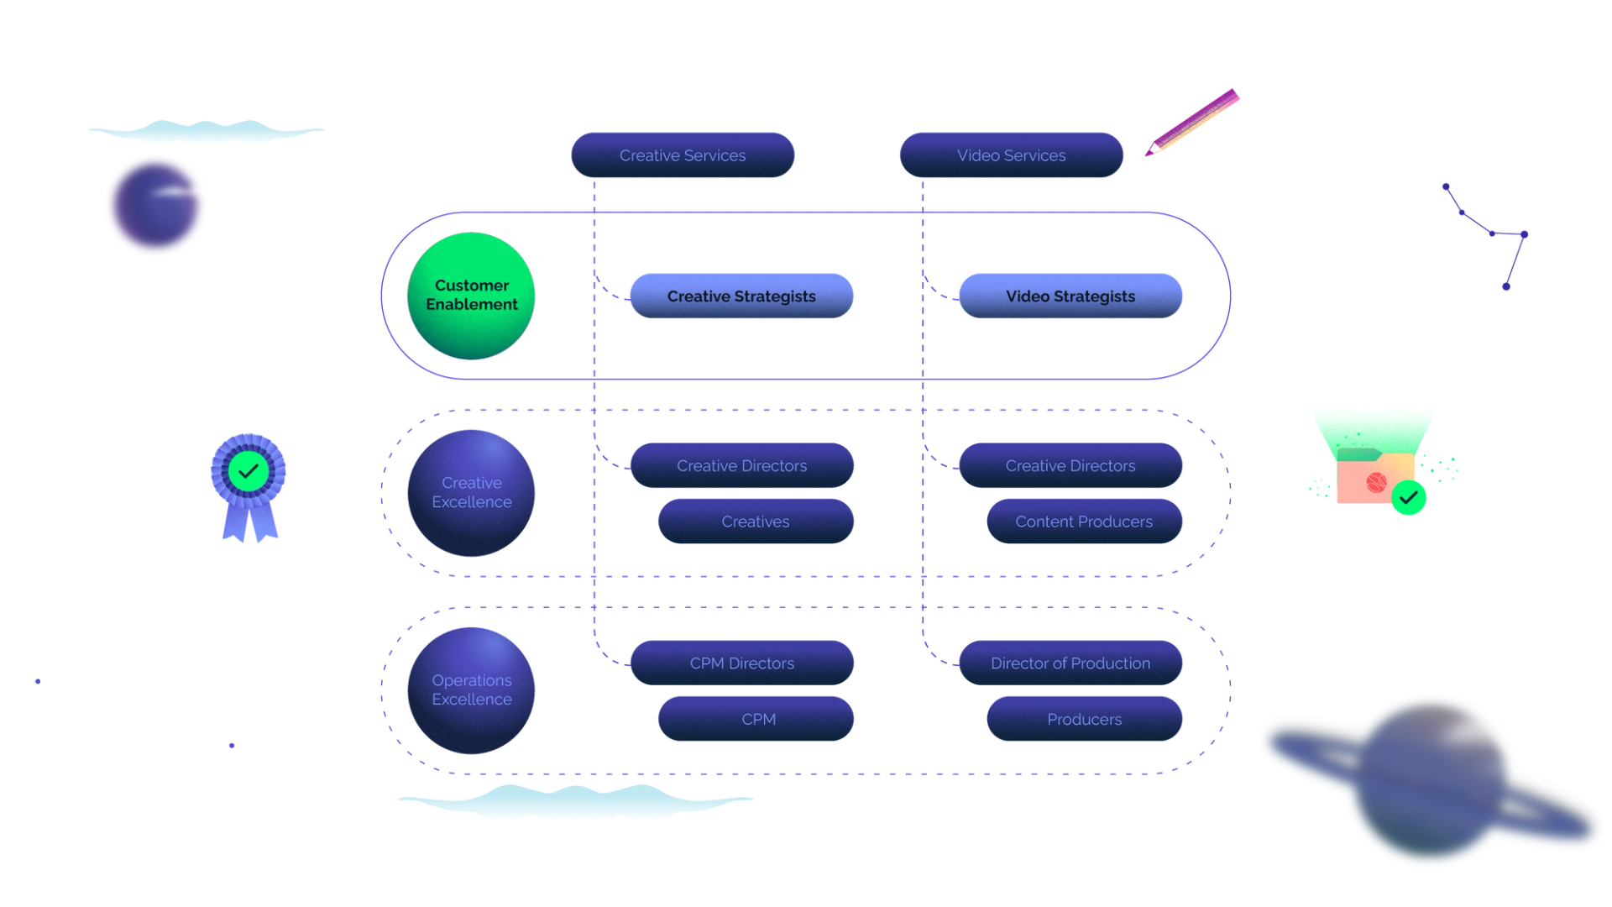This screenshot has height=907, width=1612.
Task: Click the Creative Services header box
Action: (683, 155)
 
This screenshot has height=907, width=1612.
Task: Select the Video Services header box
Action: (1011, 155)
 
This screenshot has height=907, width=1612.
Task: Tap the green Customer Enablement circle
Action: (471, 296)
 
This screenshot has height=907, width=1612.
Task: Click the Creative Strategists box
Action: (741, 296)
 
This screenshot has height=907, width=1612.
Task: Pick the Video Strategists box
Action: (1070, 296)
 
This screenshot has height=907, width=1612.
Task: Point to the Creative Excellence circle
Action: (471, 492)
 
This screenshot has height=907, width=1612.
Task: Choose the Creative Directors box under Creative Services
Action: (741, 465)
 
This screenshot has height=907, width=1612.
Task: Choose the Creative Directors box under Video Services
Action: (1070, 465)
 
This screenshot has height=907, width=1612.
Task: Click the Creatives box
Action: (755, 522)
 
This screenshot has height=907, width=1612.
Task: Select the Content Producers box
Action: (1083, 522)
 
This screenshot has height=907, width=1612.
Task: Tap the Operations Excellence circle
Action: (471, 689)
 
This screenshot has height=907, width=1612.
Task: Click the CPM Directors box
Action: (741, 663)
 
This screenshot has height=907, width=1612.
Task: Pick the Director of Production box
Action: (1070, 663)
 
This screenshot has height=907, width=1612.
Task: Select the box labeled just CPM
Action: (757, 719)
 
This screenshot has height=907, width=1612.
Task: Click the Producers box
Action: (1083, 719)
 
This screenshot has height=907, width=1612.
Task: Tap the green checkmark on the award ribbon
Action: (249, 471)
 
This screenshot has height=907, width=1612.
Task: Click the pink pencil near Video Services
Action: (1192, 123)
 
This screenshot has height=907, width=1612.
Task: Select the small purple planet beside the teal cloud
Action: (155, 205)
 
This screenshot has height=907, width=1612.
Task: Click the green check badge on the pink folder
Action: (1410, 498)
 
